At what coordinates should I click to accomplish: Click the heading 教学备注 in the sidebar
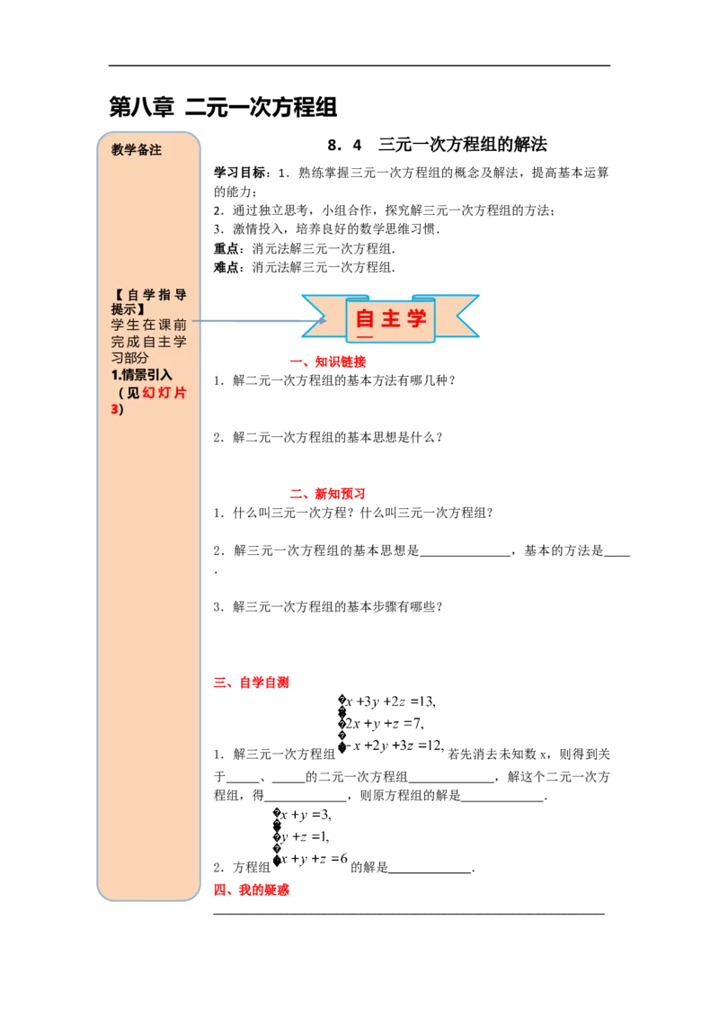(x=137, y=150)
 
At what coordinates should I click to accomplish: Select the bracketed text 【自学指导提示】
(x=148, y=300)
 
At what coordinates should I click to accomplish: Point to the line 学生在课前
(x=148, y=324)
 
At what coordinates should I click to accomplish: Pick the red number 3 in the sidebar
(x=114, y=409)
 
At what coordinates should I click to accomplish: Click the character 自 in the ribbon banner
(x=365, y=319)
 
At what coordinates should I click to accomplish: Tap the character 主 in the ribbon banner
(x=391, y=319)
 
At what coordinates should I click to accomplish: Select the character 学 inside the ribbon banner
(x=416, y=319)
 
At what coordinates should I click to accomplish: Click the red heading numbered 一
(x=327, y=362)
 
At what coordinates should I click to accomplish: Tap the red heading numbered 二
(x=327, y=494)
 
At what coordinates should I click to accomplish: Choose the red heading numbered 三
(x=252, y=683)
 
